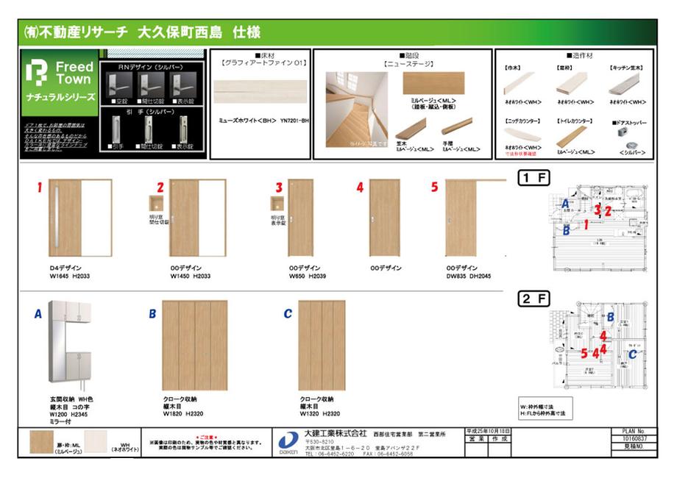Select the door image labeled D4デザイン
80,218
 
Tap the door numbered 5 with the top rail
467,218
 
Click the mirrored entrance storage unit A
71,345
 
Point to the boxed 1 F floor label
535,177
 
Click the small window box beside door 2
155,204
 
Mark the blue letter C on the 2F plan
632,353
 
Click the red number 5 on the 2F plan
584,353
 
